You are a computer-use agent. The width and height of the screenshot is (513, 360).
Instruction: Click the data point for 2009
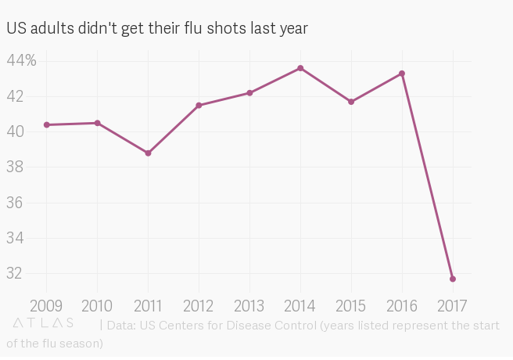[46, 124]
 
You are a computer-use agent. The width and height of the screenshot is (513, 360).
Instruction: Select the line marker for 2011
[148, 153]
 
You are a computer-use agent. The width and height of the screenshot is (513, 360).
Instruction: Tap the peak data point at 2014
[300, 68]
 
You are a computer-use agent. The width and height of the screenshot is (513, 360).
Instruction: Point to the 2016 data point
[402, 74]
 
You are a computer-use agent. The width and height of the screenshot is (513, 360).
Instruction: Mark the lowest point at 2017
[453, 279]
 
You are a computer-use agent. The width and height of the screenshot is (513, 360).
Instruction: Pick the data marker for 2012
[199, 105]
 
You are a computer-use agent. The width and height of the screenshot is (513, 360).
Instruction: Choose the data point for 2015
[351, 102]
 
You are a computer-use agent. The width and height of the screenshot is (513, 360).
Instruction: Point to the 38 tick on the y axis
[16, 167]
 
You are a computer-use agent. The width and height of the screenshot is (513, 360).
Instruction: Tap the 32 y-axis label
[16, 274]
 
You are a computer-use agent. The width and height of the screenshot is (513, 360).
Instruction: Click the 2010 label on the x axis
[97, 305]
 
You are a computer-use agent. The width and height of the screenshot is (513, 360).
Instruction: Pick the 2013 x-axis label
[249, 305]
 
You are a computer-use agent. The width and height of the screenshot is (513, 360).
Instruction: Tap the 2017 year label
[453, 305]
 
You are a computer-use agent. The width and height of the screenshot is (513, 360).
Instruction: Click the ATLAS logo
[43, 322]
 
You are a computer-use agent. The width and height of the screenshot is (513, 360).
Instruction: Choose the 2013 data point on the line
[249, 92]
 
